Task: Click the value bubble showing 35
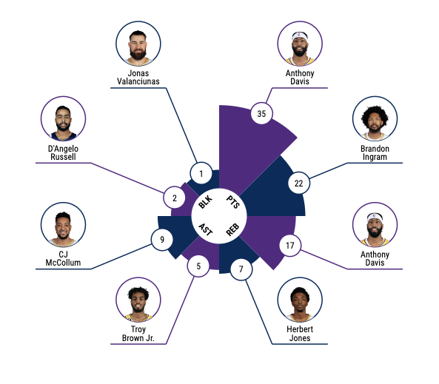point(261,113)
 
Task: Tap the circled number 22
point(299,183)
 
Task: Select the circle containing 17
point(290,246)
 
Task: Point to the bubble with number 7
point(241,269)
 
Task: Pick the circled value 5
point(198,266)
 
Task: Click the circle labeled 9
point(162,240)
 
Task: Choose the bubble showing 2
point(175,198)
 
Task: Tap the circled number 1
point(201,174)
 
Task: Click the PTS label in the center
point(233,202)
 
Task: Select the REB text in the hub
point(232,230)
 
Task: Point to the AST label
point(206,229)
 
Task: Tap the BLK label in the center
point(206,202)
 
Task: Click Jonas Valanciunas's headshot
point(138,44)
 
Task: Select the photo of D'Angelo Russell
point(63,118)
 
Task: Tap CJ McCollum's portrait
point(63,225)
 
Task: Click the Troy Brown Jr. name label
point(138,334)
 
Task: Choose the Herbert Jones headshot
point(300,300)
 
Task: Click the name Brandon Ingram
point(375,152)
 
